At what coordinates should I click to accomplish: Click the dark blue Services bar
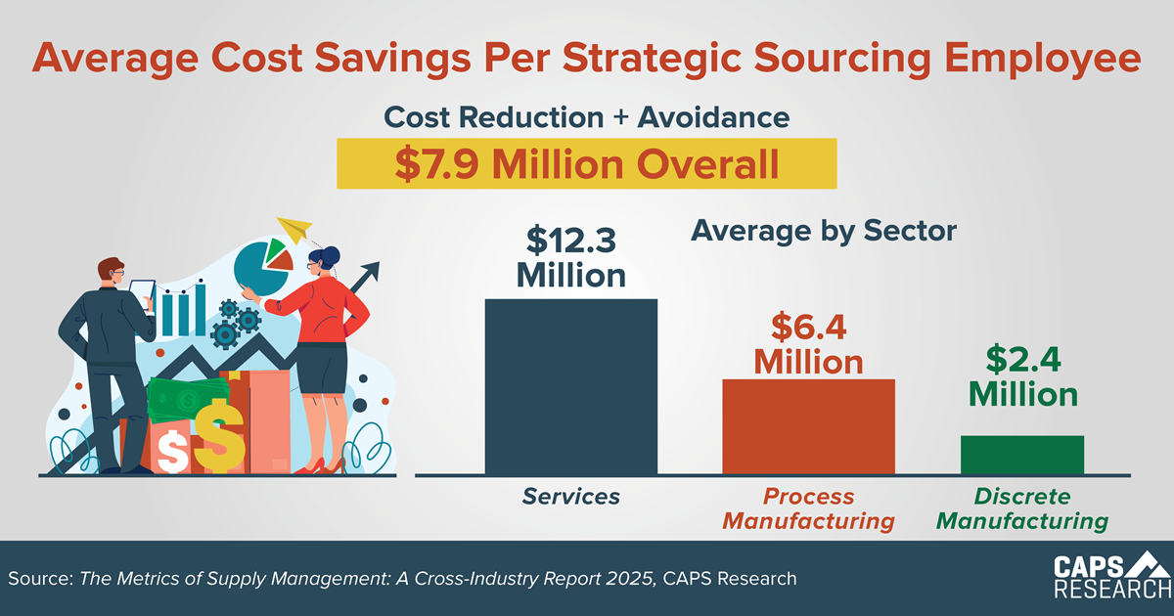(571, 386)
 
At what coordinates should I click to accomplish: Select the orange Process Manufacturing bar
(808, 425)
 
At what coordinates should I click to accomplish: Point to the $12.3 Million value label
(571, 257)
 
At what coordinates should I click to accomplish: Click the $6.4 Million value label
(808, 343)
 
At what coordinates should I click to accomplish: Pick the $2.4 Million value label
(1022, 376)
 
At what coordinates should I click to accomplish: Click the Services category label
(571, 497)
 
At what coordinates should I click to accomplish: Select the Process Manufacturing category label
(808, 508)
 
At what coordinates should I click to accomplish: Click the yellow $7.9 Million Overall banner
(587, 163)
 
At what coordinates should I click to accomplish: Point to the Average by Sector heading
(823, 232)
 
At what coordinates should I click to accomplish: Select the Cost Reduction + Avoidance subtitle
(587, 117)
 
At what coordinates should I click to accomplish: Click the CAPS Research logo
(1110, 577)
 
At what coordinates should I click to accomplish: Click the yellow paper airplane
(294, 228)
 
